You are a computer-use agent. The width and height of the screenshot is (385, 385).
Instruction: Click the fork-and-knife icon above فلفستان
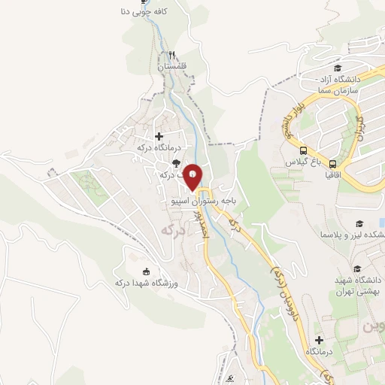(172, 55)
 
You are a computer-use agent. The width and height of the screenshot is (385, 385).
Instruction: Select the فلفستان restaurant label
(172, 66)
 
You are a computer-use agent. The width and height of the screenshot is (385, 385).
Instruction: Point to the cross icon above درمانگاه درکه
(159, 136)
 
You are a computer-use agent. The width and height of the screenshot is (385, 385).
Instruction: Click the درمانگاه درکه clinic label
(156, 147)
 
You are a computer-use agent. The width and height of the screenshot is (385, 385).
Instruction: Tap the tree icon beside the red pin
(175, 162)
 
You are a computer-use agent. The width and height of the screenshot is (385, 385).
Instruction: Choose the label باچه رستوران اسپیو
(211, 202)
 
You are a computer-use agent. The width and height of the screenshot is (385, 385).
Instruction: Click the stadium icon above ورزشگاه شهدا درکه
(146, 271)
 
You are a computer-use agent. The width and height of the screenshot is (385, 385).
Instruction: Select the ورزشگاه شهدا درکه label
(144, 283)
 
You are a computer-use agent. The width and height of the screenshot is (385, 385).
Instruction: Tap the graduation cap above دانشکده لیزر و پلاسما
(360, 224)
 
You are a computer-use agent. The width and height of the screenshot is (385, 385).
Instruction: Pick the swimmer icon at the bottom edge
(235, 378)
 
